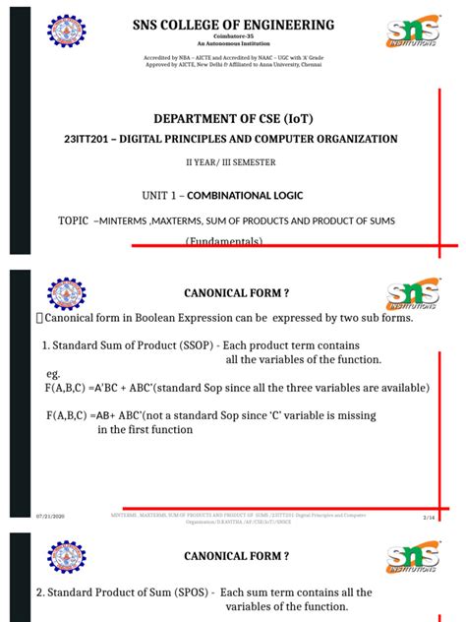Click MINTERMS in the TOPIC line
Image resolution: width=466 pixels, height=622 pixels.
125,221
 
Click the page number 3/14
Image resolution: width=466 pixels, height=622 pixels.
429,515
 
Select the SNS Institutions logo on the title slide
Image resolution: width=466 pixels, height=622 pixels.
413,31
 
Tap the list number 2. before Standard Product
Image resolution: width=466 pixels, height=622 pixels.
40,592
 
